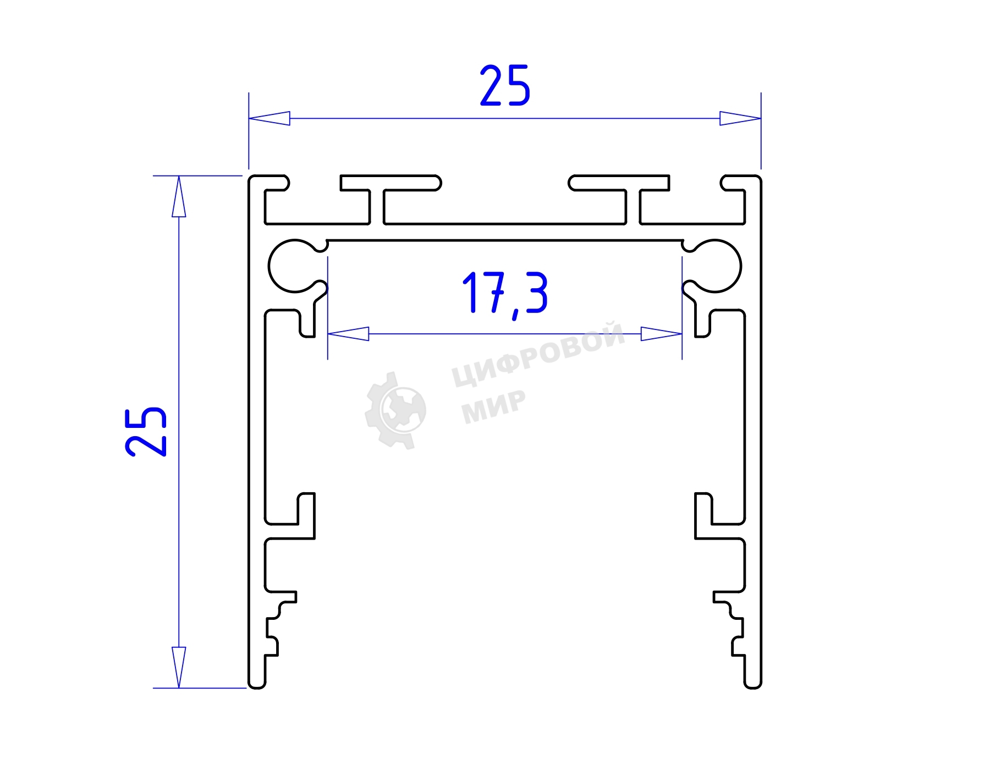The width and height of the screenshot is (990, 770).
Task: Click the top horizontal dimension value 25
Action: pyautogui.click(x=505, y=85)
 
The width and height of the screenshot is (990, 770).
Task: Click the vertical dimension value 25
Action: pyautogui.click(x=146, y=432)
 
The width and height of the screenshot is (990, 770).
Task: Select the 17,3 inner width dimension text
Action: pyautogui.click(x=505, y=294)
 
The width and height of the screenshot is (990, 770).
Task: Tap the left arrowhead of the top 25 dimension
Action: pyautogui.click(x=269, y=118)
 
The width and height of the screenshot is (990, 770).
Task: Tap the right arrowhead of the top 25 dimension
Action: pyautogui.click(x=740, y=118)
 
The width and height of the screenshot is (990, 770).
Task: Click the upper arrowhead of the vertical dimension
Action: pyautogui.click(x=179, y=196)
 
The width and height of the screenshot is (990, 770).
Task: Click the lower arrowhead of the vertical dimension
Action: pyautogui.click(x=179, y=667)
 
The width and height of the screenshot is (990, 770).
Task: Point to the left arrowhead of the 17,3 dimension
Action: pyautogui.click(x=348, y=334)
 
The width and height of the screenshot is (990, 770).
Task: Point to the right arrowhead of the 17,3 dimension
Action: pyautogui.click(x=662, y=334)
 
